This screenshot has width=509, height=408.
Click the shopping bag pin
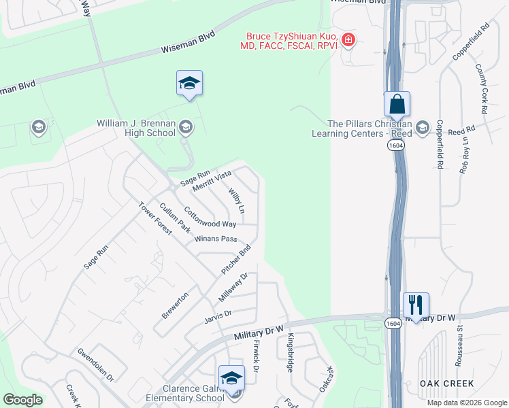pos(397,105)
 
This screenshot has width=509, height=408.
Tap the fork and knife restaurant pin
pos(416,305)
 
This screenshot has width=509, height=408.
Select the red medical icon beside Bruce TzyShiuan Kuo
pos(348,40)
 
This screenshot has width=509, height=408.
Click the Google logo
pos(22,400)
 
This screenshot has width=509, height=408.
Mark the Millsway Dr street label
pos(233,288)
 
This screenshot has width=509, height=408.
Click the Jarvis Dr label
pos(218,313)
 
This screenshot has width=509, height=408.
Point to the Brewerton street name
pos(175,305)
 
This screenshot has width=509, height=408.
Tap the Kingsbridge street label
pos(290,353)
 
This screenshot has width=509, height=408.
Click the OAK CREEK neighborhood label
pos(446,384)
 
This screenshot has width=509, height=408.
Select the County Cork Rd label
pos(482,89)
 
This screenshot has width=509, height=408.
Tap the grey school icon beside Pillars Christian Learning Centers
pos(423,127)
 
